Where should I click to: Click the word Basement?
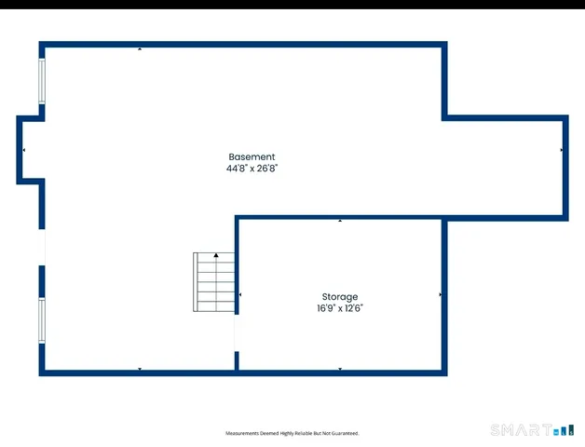pyautogui.click(x=252, y=157)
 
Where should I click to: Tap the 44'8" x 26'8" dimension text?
pyautogui.click(x=252, y=169)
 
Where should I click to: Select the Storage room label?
pyautogui.click(x=340, y=297)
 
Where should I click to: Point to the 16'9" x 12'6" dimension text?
pyautogui.click(x=340, y=308)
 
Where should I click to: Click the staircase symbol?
pyautogui.click(x=214, y=282)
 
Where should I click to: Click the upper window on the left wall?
pyautogui.click(x=41, y=82)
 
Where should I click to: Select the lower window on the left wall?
pyautogui.click(x=41, y=320)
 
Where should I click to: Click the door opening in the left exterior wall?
pyautogui.click(x=41, y=246)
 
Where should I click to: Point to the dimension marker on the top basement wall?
pyautogui.click(x=140, y=47)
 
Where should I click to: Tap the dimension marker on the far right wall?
pyautogui.click(x=562, y=150)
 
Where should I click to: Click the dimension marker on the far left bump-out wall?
pyautogui.click(x=24, y=150)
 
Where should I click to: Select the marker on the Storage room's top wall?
pyautogui.click(x=340, y=222)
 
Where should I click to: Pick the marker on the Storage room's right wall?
pyautogui.click(x=440, y=295)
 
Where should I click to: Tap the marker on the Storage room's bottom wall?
pyautogui.click(x=340, y=369)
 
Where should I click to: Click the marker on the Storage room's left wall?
pyautogui.click(x=241, y=295)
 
